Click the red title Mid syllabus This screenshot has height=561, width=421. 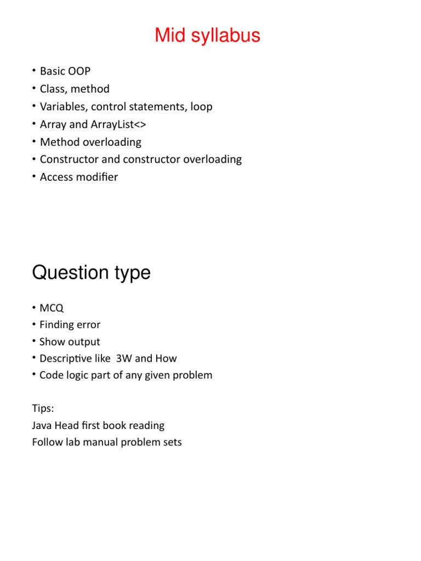click(x=207, y=36)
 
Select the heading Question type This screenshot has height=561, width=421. click(x=91, y=272)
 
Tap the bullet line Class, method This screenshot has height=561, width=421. click(x=75, y=89)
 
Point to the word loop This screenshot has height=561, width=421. click(x=201, y=106)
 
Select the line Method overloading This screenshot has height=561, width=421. click(x=90, y=142)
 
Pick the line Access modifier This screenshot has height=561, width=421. click(x=78, y=177)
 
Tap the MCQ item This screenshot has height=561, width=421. click(x=52, y=308)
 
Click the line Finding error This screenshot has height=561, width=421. click(x=70, y=325)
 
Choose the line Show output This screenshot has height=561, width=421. click(x=70, y=342)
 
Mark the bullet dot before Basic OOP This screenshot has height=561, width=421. click(x=34, y=71)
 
